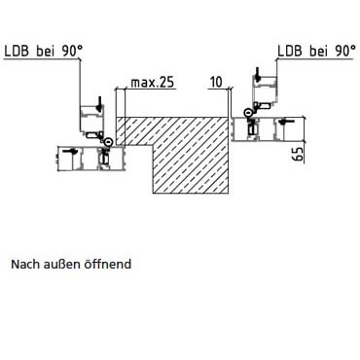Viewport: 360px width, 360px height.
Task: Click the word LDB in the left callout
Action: pos(17,52)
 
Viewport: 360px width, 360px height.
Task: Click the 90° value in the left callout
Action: pos(71,52)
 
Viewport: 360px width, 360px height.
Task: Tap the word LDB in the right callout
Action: pos(290,52)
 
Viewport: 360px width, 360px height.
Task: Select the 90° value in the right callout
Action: pos(345,52)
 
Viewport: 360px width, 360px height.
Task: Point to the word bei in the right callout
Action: pos(318,52)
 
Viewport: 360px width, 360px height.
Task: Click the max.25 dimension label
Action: pos(153,83)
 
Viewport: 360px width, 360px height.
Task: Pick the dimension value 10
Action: pos(216,83)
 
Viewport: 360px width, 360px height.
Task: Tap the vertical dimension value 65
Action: pos(298,154)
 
